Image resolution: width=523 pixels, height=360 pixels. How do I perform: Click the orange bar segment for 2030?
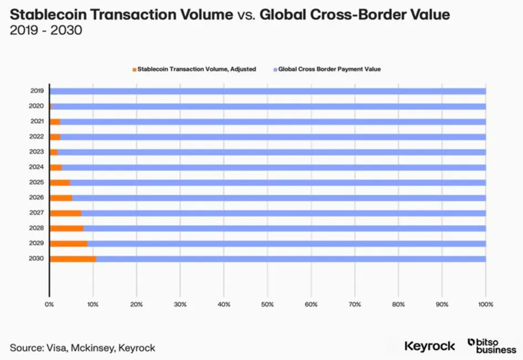pos(73,259)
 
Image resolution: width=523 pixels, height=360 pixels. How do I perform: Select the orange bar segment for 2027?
pos(66,213)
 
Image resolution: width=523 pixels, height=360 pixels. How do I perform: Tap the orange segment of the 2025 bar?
pos(60,182)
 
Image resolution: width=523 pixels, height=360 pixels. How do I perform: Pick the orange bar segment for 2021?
pos(55,122)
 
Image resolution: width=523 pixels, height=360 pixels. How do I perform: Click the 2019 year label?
pos(37,91)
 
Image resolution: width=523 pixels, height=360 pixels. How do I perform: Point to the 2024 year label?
pos(37,167)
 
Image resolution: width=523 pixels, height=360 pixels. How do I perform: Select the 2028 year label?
pos(37,228)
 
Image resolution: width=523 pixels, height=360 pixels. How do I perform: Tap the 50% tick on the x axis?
pos(267,304)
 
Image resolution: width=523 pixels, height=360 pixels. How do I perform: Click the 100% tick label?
pos(485,304)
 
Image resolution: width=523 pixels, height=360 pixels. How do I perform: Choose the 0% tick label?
pos(49,304)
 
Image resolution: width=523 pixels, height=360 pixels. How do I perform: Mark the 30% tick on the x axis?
pos(180,304)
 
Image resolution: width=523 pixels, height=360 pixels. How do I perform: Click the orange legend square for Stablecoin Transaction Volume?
pos(134,69)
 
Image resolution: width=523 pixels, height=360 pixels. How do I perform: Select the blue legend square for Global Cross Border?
pos(275,69)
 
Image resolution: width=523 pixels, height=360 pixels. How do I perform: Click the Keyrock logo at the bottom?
pos(429,346)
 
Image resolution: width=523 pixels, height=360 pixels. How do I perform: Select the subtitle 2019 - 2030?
pos(46,30)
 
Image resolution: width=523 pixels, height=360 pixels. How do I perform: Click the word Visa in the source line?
pos(58,348)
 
